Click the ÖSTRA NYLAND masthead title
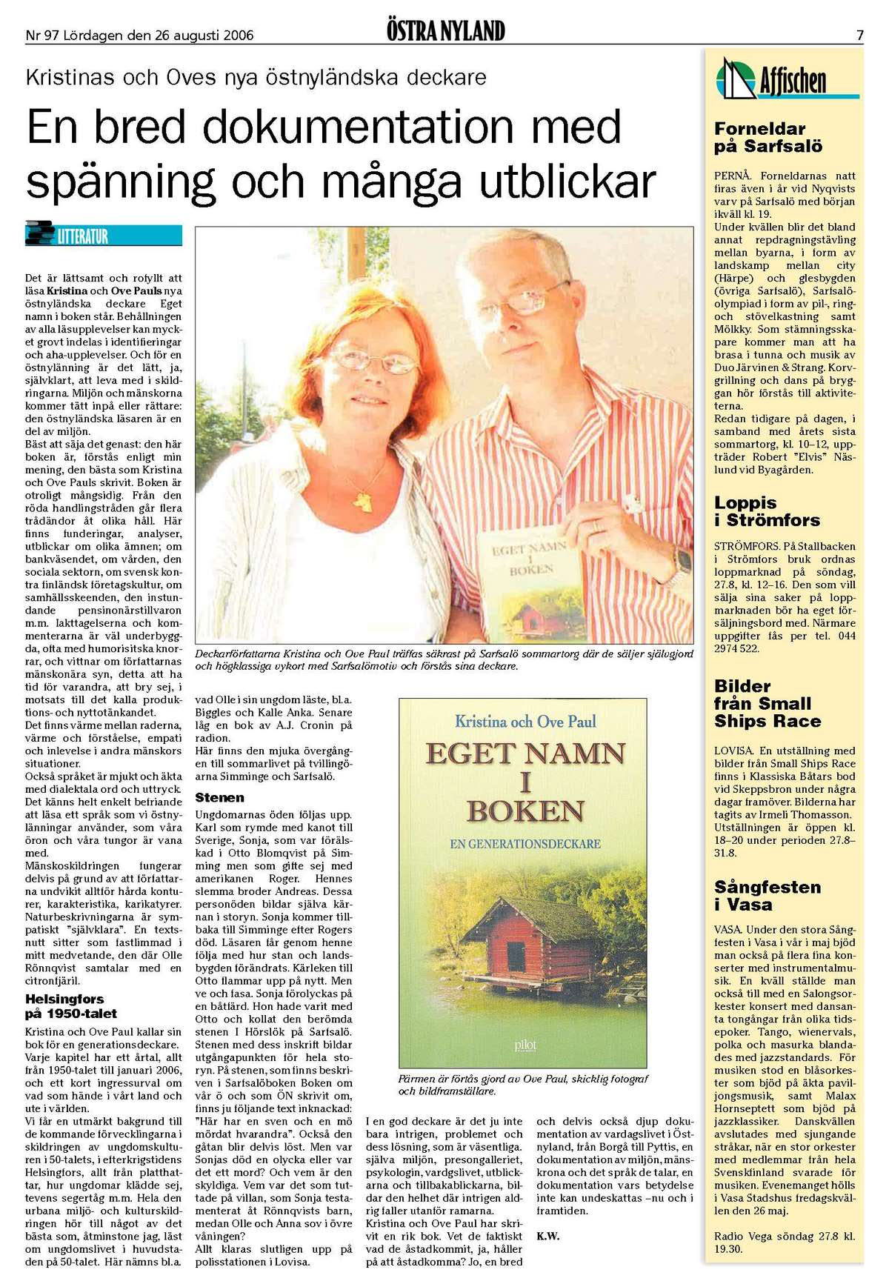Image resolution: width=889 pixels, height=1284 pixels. pyautogui.click(x=445, y=31)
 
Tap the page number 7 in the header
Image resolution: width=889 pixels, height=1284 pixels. pyautogui.click(x=859, y=35)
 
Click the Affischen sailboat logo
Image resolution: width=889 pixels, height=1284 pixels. pyautogui.click(x=736, y=79)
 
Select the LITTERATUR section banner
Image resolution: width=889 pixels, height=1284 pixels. pyautogui.click(x=103, y=234)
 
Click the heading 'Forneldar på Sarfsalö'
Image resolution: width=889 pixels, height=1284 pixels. pyautogui.click(x=768, y=138)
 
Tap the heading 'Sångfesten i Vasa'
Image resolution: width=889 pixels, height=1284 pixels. pyautogui.click(x=768, y=896)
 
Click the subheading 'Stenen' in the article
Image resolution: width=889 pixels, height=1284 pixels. pyautogui.click(x=219, y=797)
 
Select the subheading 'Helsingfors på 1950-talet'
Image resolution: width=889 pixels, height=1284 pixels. pyautogui.click(x=71, y=1006)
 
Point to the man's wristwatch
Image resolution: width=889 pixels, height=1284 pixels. pyautogui.click(x=682, y=562)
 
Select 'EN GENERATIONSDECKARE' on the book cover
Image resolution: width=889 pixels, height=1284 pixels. pyautogui.click(x=525, y=844)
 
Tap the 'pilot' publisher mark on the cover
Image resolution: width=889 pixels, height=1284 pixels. pyautogui.click(x=525, y=1045)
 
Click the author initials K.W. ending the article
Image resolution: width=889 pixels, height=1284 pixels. pyautogui.click(x=547, y=1236)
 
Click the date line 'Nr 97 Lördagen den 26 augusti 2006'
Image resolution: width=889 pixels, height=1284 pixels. pyautogui.click(x=139, y=35)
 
